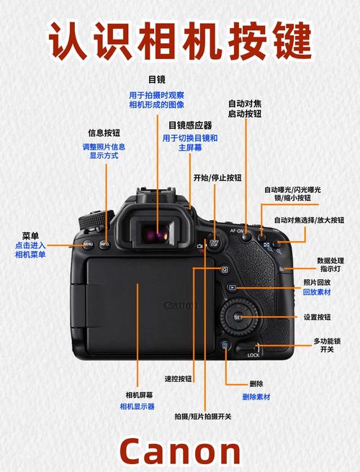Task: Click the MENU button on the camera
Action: tap(87, 245)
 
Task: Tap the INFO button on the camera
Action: tap(104, 245)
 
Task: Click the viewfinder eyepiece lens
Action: tap(156, 232)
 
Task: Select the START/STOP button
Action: tap(213, 243)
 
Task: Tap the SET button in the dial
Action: tap(238, 317)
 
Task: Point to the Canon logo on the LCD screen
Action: tap(180, 306)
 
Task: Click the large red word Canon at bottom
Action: tap(180, 451)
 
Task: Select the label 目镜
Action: tap(156, 79)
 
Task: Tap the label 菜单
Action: tap(30, 235)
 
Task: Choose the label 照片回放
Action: tap(317, 283)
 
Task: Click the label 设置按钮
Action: tap(317, 317)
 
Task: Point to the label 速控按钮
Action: tap(178, 378)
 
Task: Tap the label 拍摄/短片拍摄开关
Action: tap(203, 417)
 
